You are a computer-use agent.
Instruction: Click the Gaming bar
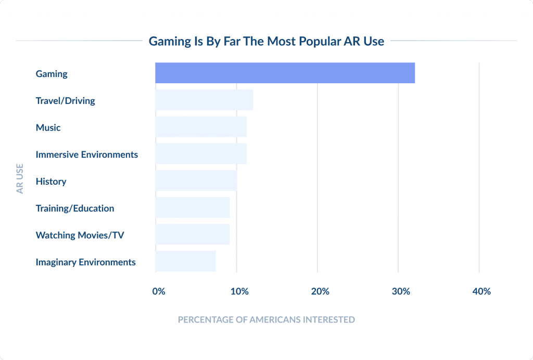pyautogui.click(x=285, y=73)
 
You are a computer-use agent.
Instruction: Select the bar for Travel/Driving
pyautogui.click(x=204, y=100)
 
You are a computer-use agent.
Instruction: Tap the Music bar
pyautogui.click(x=201, y=127)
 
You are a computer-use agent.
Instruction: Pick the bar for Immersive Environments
pyautogui.click(x=201, y=154)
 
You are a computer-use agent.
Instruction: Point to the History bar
pyautogui.click(x=196, y=181)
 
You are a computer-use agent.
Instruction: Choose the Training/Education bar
pyautogui.click(x=193, y=208)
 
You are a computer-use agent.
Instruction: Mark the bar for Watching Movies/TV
pyautogui.click(x=193, y=235)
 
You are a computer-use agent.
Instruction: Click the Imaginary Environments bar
pyautogui.click(x=185, y=261)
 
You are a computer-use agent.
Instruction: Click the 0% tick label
pyautogui.click(x=159, y=291)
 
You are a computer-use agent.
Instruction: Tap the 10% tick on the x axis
pyautogui.click(x=239, y=291)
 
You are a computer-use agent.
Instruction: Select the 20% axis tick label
pyautogui.click(x=320, y=291)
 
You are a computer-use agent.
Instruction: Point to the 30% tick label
pyautogui.click(x=401, y=291)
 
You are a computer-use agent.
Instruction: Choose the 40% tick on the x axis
pyautogui.click(x=481, y=291)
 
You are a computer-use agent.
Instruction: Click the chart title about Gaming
pyautogui.click(x=266, y=41)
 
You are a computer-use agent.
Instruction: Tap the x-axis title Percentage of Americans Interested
pyautogui.click(x=266, y=319)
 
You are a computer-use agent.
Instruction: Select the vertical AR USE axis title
pyautogui.click(x=20, y=179)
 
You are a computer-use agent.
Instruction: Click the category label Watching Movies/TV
pyautogui.click(x=80, y=235)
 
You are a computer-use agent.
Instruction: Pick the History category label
pyautogui.click(x=51, y=182)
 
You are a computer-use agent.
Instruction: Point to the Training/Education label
pyautogui.click(x=75, y=208)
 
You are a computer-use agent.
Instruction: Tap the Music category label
pyautogui.click(x=48, y=127)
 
